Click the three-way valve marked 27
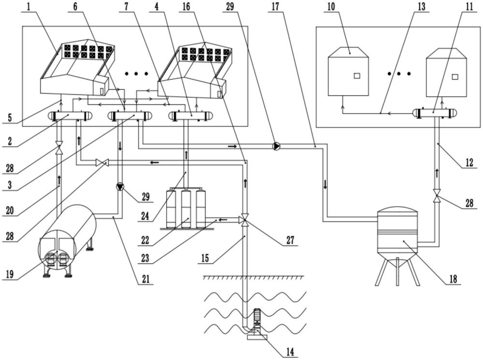pyautogui.click(x=245, y=220)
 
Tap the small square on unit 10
pyautogui.click(x=356, y=76)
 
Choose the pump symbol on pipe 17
pyautogui.click(x=276, y=145)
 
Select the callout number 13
pyautogui.click(x=421, y=8)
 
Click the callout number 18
pyautogui.click(x=452, y=279)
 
